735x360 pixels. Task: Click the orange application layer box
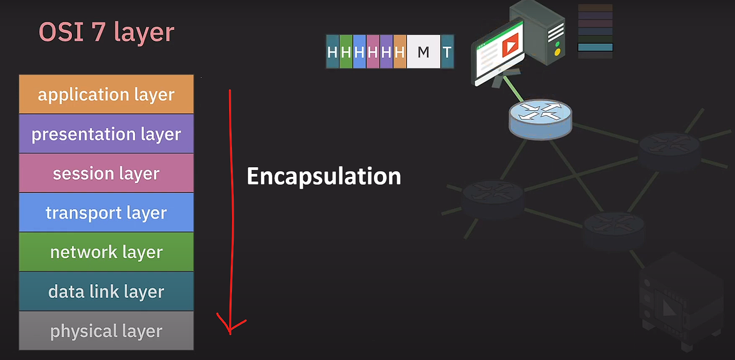[106, 94]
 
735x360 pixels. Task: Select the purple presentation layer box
[106, 134]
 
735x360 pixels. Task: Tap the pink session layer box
[106, 173]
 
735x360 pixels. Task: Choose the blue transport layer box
[106, 212]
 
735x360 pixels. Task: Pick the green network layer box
[106, 252]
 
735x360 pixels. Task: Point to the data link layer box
[106, 291]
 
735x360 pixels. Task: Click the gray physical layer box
[106, 331]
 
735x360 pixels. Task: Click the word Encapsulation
[323, 176]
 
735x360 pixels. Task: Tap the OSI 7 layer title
[106, 32]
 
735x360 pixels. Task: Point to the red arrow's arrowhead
[230, 327]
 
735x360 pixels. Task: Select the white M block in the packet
[423, 52]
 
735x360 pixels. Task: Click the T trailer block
[447, 52]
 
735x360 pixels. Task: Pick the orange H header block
[400, 52]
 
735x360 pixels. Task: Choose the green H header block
[346, 52]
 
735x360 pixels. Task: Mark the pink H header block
[373, 52]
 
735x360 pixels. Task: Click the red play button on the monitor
[510, 44]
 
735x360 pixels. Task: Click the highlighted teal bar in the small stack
[595, 48]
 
